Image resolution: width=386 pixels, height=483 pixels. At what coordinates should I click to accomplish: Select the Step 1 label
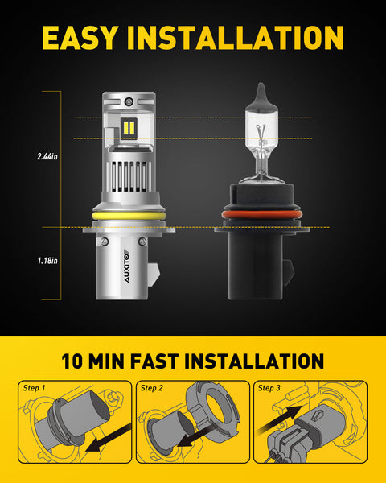click(35, 387)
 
